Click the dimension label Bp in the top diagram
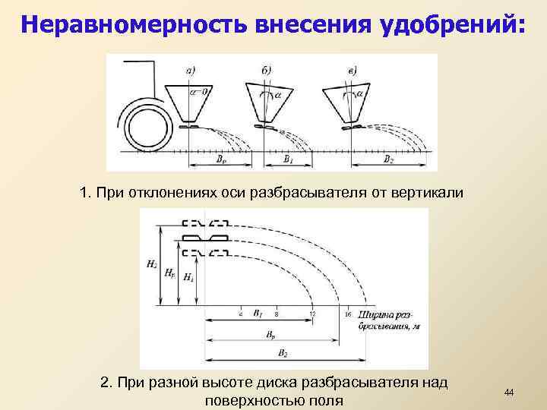tap(220, 160)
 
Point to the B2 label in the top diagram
tap(389, 160)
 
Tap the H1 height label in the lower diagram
tap(188, 278)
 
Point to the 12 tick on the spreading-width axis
tap(312, 313)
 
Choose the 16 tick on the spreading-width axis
tap(347, 313)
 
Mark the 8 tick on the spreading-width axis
tap(277, 313)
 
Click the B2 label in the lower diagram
tap(283, 354)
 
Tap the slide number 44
tap(509, 392)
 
